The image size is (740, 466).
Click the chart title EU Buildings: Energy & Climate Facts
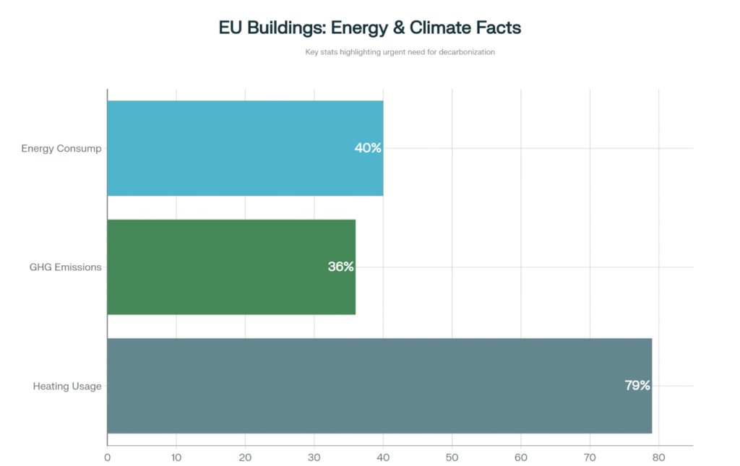click(x=370, y=28)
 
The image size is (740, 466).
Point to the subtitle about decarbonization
click(x=400, y=52)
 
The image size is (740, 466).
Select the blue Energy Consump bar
click(x=245, y=148)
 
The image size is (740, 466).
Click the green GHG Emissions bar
click(x=231, y=267)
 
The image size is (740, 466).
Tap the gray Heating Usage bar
click(x=379, y=386)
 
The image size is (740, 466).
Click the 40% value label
click(x=367, y=148)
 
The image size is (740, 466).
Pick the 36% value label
click(x=340, y=267)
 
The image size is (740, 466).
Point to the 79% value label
click(x=637, y=386)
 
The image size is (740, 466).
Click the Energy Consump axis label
click(x=61, y=149)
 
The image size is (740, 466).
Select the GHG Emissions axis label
click(x=66, y=267)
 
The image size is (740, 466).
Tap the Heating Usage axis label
click(x=67, y=386)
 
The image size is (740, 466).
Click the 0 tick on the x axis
click(x=108, y=457)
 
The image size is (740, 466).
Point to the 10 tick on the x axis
click(x=176, y=457)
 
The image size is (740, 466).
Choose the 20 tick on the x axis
click(x=245, y=457)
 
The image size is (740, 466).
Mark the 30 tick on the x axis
click(x=314, y=457)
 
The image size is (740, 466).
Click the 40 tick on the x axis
click(x=383, y=457)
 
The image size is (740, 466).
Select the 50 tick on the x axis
click(x=452, y=457)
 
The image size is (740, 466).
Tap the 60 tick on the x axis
click(x=521, y=457)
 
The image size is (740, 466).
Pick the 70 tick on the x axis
click(x=590, y=457)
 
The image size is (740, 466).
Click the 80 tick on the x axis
click(x=658, y=457)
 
